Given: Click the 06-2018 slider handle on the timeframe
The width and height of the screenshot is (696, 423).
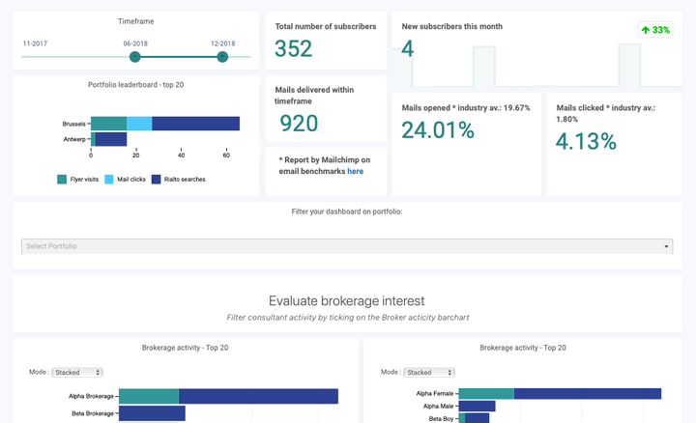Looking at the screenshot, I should pyautogui.click(x=135, y=57).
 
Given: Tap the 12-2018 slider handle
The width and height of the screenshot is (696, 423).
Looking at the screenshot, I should pyautogui.click(x=222, y=57).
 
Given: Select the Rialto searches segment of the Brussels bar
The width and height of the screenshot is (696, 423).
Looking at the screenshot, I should pyautogui.click(x=195, y=124).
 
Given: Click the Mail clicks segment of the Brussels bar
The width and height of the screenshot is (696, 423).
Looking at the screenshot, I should pyautogui.click(x=139, y=124).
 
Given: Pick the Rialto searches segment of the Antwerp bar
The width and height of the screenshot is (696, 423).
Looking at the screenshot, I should pyautogui.click(x=111, y=139).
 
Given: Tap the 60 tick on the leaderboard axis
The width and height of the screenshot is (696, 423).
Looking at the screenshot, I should pyautogui.click(x=226, y=155).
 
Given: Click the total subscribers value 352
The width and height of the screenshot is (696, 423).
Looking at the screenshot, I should pyautogui.click(x=294, y=49).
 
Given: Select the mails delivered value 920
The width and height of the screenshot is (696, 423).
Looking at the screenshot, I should pyautogui.click(x=299, y=123).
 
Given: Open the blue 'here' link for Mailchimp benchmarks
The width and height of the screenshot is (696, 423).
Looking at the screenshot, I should pyautogui.click(x=356, y=171).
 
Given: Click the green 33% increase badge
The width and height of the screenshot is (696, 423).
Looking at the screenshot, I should pyautogui.click(x=655, y=30).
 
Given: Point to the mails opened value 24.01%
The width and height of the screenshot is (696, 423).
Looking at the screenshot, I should pyautogui.click(x=437, y=129).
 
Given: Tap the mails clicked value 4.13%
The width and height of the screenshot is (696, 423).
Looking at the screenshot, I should pyautogui.click(x=586, y=141).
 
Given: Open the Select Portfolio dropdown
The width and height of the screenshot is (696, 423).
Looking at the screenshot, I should pyautogui.click(x=346, y=246).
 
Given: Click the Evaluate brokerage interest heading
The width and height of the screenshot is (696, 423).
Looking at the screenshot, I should pyautogui.click(x=346, y=300).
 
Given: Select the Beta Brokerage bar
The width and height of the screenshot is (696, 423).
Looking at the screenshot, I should pyautogui.click(x=152, y=413).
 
